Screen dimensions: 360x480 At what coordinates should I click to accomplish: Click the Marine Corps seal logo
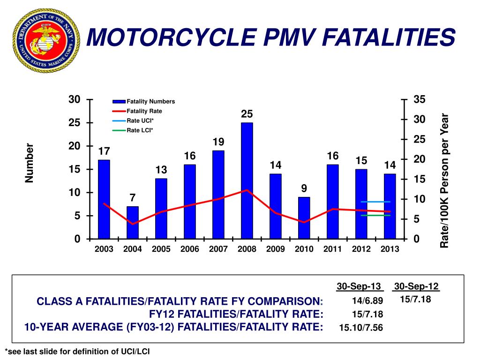pos(46,41)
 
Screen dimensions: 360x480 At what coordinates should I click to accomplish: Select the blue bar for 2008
pos(247,180)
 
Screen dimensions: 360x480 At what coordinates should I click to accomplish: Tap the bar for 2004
pos(133,223)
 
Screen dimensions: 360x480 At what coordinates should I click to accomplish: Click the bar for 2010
pos(304,218)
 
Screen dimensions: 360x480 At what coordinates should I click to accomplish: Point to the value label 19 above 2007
pos(218,142)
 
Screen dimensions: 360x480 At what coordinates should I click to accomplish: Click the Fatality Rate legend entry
pos(144,111)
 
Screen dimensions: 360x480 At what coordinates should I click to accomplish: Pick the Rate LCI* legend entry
pos(140,130)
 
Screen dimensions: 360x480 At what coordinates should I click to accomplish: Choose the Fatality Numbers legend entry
pos(150,101)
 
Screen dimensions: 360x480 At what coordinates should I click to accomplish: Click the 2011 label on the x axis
pos(332,249)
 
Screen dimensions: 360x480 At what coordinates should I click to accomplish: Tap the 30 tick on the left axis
pos(74,99)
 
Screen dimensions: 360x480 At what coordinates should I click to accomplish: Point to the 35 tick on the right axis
pos(419,100)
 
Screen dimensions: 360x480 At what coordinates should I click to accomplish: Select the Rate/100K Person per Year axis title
pos(444,181)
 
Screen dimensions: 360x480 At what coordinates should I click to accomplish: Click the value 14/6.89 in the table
pos(367,300)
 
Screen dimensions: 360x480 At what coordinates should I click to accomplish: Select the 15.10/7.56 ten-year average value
pos(361,328)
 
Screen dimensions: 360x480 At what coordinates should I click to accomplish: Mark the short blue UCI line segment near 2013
pos(375,202)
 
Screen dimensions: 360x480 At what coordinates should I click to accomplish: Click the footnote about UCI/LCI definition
pos(77,352)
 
